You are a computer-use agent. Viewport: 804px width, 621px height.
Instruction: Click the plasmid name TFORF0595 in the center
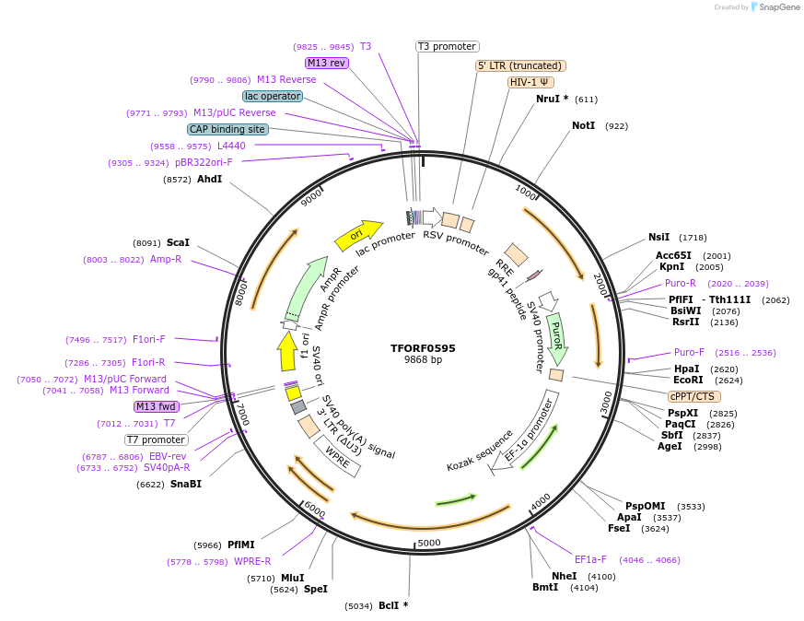pyautogui.click(x=423, y=348)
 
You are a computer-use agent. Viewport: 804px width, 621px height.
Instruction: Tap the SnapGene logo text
pyautogui.click(x=776, y=7)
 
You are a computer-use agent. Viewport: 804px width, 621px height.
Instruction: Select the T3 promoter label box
pyautogui.click(x=448, y=46)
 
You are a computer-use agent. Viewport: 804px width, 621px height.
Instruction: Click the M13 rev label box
pyautogui.click(x=327, y=63)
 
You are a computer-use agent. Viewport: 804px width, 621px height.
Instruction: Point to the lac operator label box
pyautogui.click(x=273, y=96)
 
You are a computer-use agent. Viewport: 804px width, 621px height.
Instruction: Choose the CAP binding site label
pyautogui.click(x=227, y=129)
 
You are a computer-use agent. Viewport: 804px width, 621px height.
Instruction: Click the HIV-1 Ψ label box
pyautogui.click(x=530, y=82)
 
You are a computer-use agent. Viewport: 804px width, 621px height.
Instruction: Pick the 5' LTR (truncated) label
pyautogui.click(x=520, y=65)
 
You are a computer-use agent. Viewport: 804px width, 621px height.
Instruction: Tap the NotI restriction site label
pyautogui.click(x=583, y=125)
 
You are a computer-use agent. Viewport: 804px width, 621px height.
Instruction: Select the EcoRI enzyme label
pyautogui.click(x=688, y=380)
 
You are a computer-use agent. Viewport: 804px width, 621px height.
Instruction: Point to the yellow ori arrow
pyautogui.click(x=358, y=235)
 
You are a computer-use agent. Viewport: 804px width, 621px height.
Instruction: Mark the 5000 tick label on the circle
pyautogui.click(x=429, y=543)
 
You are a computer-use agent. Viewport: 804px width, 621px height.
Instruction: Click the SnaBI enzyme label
pyautogui.click(x=185, y=484)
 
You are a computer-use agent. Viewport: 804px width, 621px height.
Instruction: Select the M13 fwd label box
pyautogui.click(x=156, y=406)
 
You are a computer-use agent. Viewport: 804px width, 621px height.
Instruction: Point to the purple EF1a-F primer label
pyautogui.click(x=590, y=559)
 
